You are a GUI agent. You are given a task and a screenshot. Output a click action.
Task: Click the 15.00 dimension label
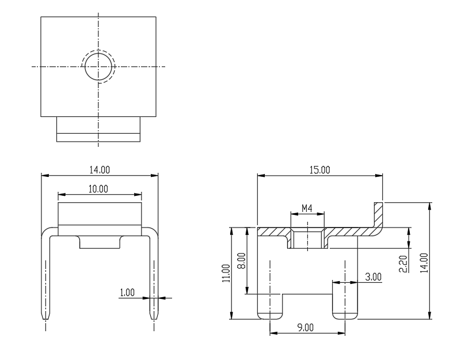click(x=319, y=170)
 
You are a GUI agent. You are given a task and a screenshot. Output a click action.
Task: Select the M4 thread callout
click(x=307, y=209)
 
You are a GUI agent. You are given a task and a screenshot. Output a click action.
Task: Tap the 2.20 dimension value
click(x=403, y=264)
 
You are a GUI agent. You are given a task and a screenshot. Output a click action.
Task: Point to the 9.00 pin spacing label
click(x=306, y=328)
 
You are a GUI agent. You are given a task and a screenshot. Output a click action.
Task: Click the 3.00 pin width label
click(x=373, y=277)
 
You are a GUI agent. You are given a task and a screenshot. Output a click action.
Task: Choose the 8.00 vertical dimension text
click(x=242, y=260)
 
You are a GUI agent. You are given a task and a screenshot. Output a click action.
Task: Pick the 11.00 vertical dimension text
click(x=226, y=273)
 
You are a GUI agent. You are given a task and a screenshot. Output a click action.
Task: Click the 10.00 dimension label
click(x=98, y=189)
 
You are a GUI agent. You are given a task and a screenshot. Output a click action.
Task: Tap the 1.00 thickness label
click(x=127, y=292)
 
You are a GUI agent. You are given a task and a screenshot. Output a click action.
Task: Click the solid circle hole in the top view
click(x=98, y=53)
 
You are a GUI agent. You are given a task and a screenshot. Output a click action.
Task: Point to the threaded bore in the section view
click(x=307, y=238)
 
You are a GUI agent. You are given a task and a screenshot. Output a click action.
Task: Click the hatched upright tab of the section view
click(x=379, y=214)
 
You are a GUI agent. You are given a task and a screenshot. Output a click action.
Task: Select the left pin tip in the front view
click(x=45, y=317)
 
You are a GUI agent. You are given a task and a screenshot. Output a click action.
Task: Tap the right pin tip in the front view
click(x=154, y=317)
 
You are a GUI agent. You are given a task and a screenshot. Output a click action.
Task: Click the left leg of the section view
click(x=270, y=306)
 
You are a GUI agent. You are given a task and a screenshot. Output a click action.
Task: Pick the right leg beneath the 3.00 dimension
click(x=345, y=301)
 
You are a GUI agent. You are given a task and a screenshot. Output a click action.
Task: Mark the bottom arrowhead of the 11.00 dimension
click(x=231, y=316)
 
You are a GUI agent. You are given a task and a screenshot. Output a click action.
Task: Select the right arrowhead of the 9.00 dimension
click(x=341, y=333)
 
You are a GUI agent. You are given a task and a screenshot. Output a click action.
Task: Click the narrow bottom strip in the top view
click(x=98, y=138)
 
